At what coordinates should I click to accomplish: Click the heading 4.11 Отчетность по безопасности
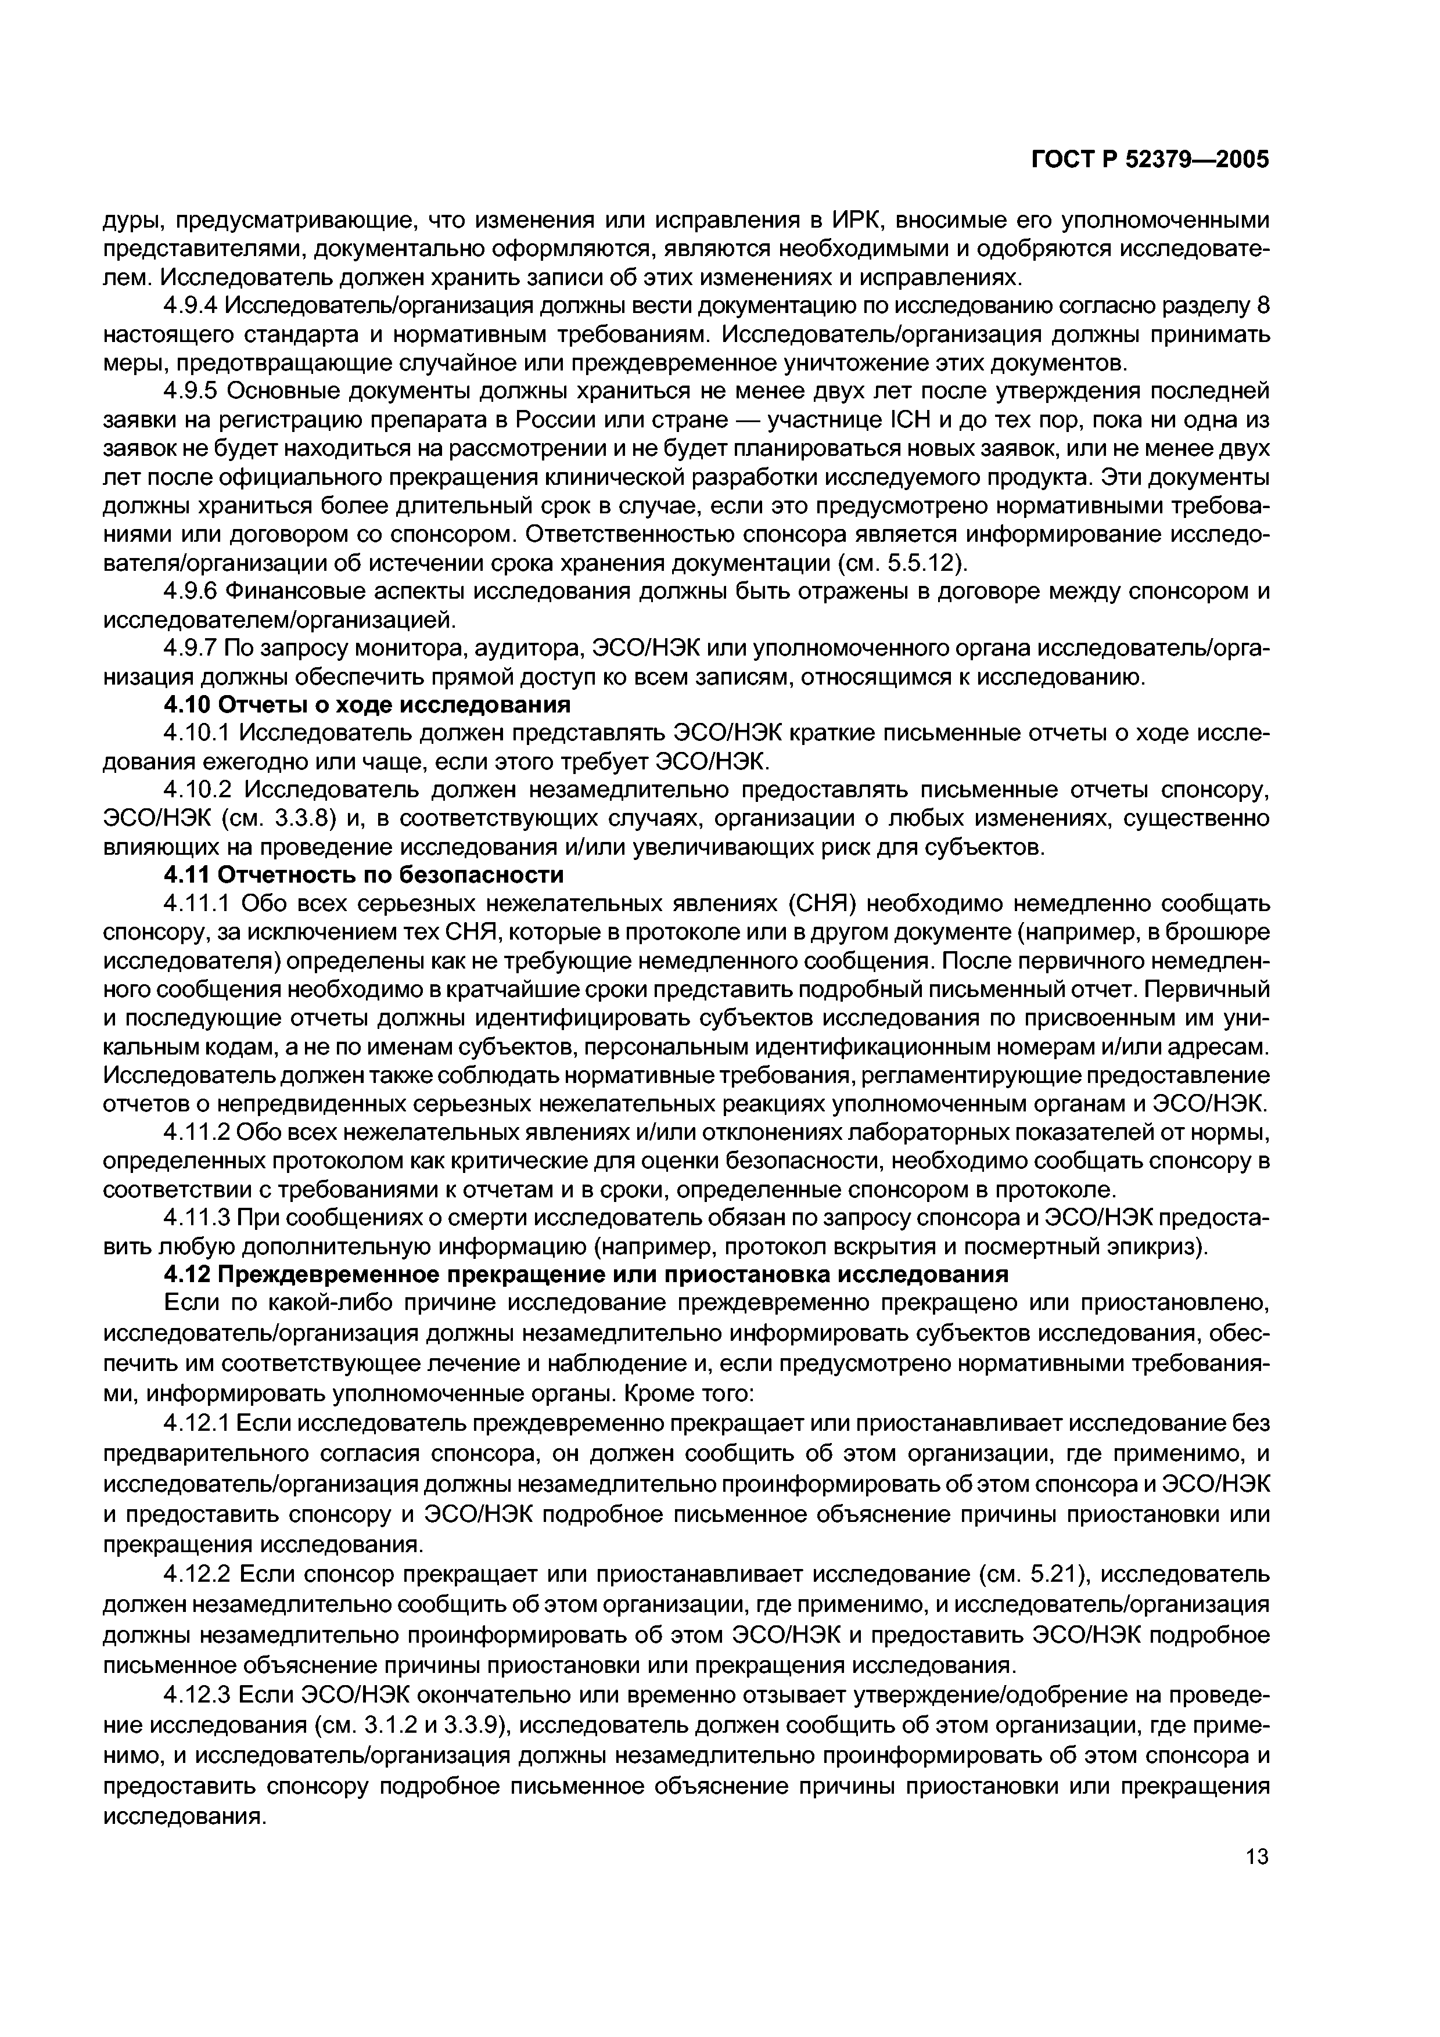pyautogui.click(x=364, y=876)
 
